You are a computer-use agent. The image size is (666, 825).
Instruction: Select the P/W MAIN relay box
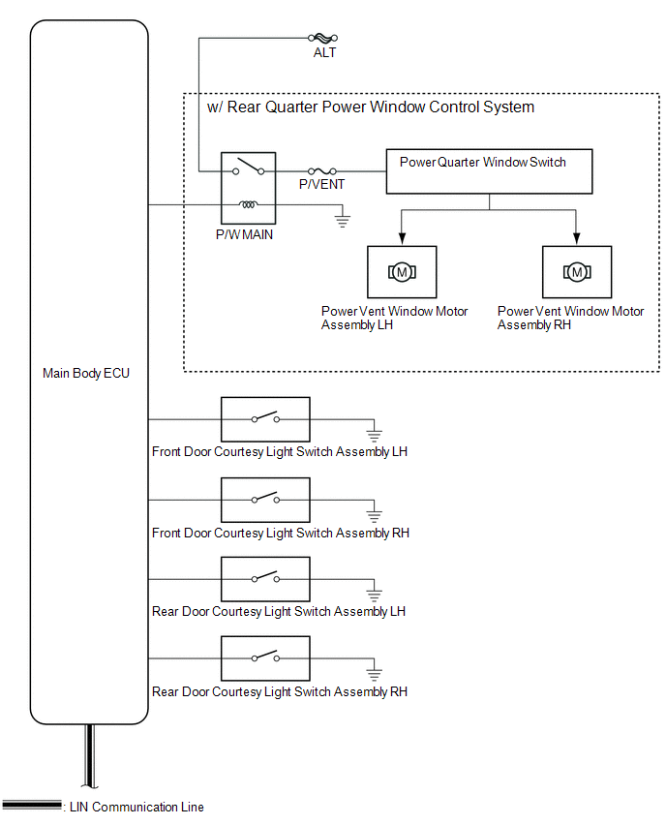tap(248, 188)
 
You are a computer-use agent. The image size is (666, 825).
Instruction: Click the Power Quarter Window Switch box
tap(489, 171)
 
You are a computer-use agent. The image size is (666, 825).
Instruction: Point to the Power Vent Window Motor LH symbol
tap(402, 272)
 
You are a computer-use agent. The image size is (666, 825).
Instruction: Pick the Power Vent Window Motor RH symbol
tap(577, 272)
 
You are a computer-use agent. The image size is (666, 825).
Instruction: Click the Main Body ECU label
tap(86, 373)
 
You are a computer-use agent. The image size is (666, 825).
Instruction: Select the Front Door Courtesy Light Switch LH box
tap(266, 419)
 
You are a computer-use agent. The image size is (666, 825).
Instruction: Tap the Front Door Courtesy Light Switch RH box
tap(266, 500)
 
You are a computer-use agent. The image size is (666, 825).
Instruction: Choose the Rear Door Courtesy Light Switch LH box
tap(266, 579)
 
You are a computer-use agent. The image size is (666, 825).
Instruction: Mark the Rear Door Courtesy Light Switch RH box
tap(266, 658)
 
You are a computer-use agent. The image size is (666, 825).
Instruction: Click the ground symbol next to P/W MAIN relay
tap(342, 221)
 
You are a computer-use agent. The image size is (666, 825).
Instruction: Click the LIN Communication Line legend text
tap(135, 807)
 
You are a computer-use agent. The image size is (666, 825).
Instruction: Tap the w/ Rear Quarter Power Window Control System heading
tap(371, 107)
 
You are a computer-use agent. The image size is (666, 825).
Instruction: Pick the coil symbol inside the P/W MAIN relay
tap(249, 205)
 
